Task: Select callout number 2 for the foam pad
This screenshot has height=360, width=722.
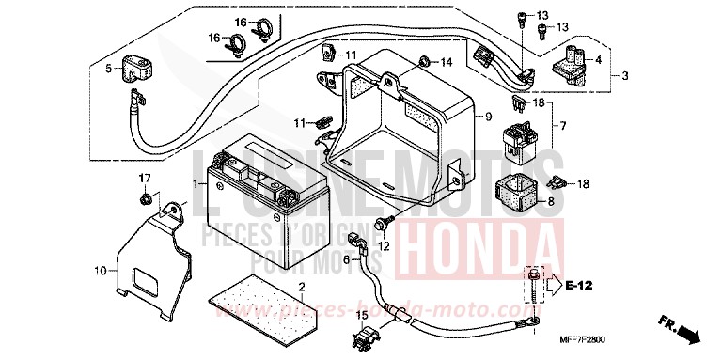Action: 301,286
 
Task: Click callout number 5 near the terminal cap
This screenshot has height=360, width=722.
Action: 108,68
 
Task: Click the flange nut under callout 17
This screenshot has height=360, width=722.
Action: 146,199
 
